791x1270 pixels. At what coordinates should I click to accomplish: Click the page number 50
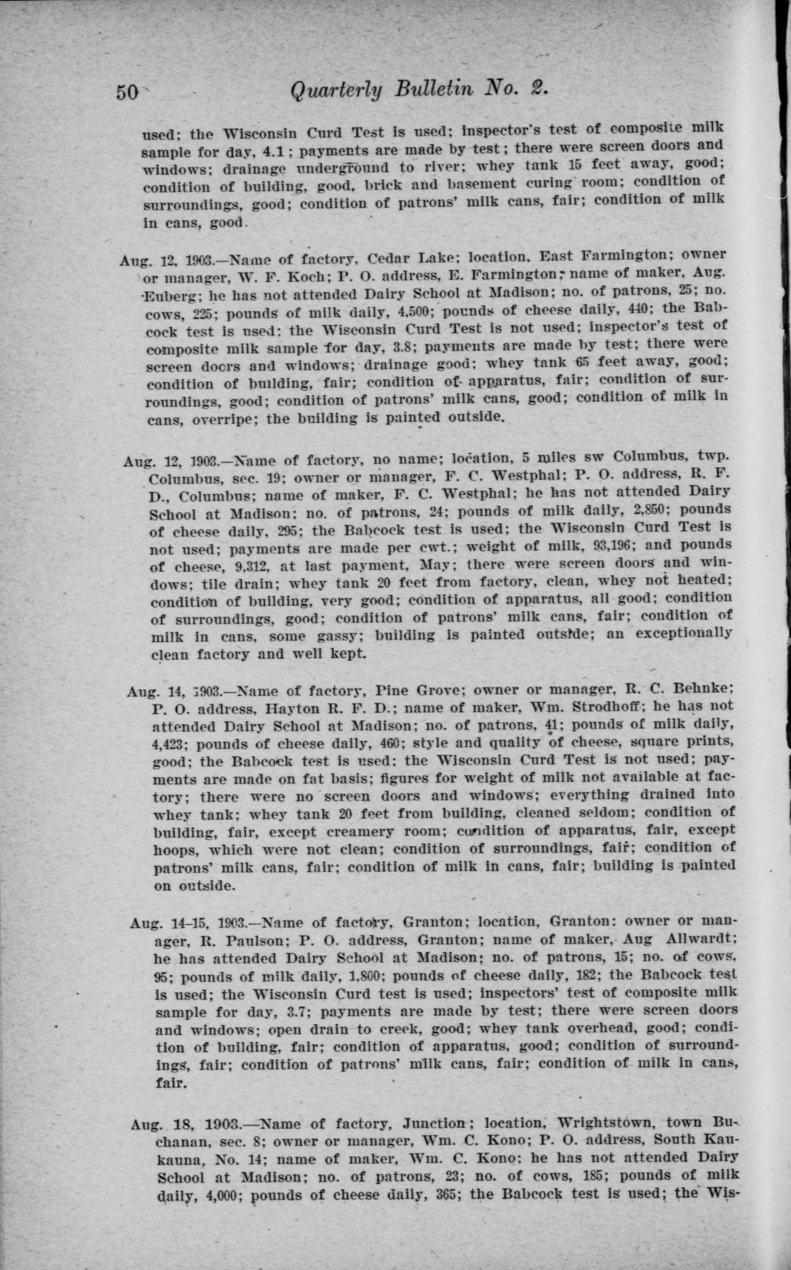(x=127, y=93)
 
